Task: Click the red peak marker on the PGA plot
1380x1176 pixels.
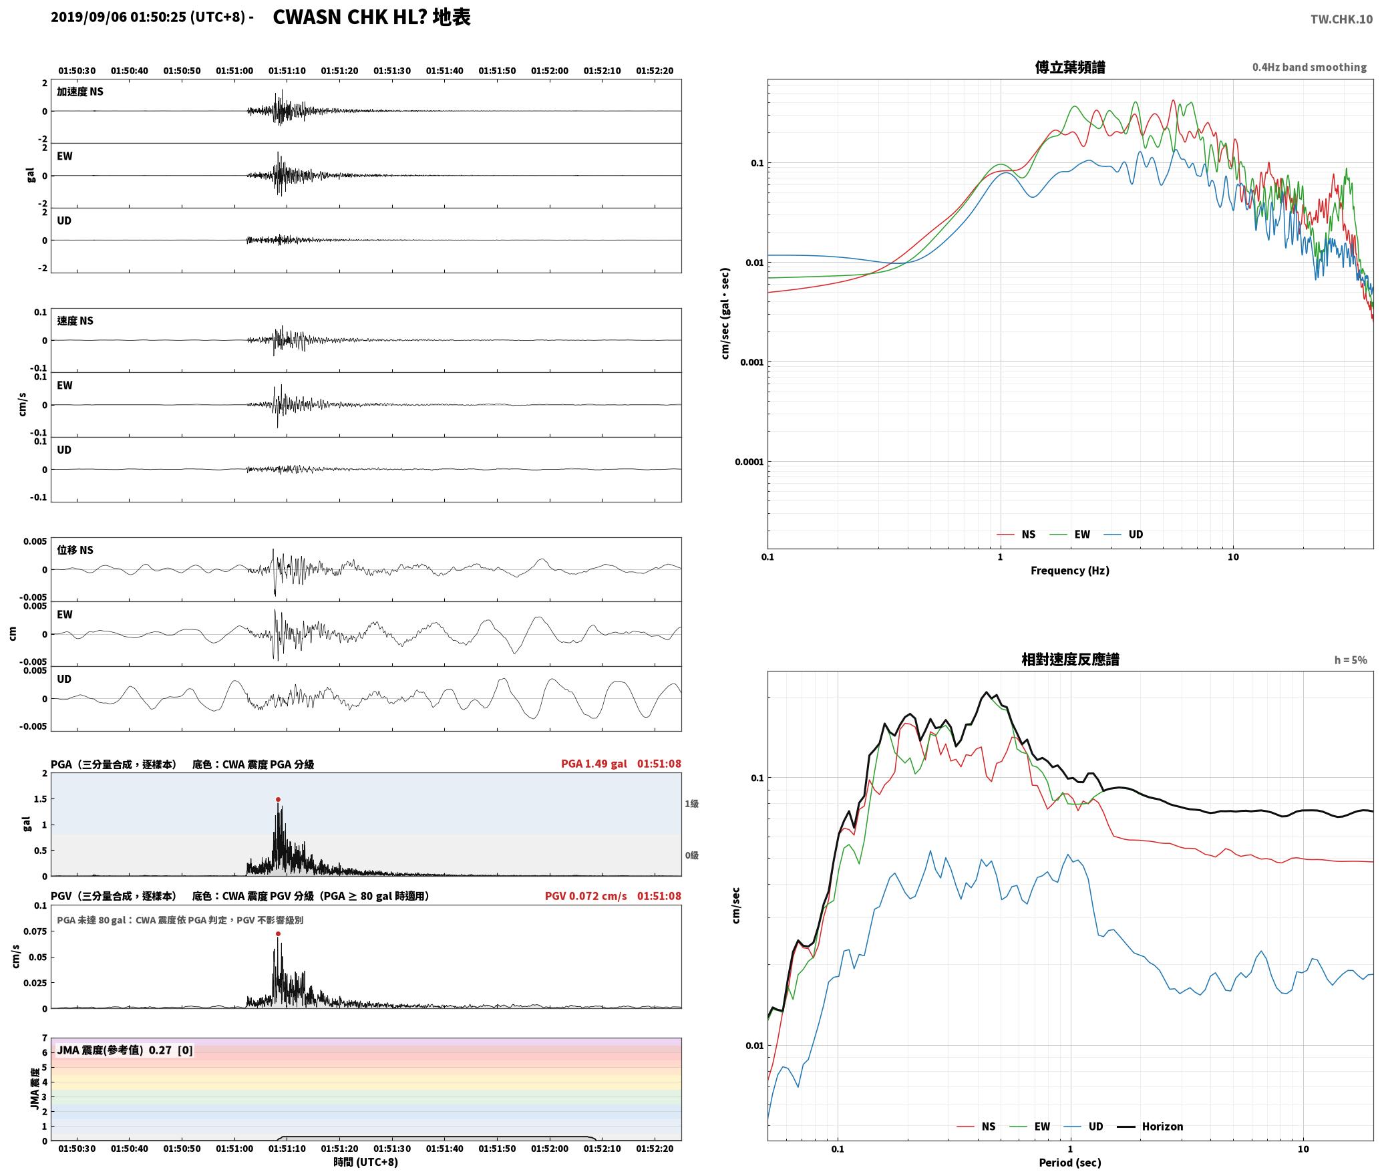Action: coord(278,799)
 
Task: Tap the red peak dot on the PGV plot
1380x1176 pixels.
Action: coord(278,934)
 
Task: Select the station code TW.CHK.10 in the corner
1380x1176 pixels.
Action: coord(1341,19)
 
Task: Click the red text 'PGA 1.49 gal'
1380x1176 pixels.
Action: coord(594,764)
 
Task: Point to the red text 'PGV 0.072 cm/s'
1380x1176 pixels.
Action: coord(586,896)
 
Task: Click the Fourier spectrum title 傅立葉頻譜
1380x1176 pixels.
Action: coord(1069,67)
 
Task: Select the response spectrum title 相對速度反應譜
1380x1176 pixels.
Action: coord(1070,659)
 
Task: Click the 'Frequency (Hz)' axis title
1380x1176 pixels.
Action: coord(1069,571)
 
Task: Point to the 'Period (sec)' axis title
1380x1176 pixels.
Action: coord(1069,1163)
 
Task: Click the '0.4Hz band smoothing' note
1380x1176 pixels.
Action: coord(1309,67)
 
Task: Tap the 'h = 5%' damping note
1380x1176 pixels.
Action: coord(1351,660)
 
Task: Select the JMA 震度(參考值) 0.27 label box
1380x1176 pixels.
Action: coord(125,1050)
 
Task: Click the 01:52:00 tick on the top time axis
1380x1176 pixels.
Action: coord(550,71)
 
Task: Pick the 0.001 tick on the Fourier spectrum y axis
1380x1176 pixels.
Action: coord(751,362)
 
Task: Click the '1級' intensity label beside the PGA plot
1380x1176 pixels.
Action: coord(691,804)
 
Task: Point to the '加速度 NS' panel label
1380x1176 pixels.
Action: coord(80,92)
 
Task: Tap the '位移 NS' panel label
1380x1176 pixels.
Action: coord(75,551)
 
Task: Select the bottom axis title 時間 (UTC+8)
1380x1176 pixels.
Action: coord(365,1163)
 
